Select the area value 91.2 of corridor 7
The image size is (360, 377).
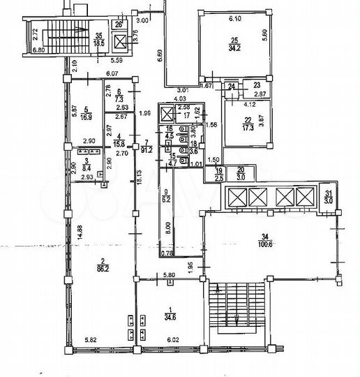tap(148, 148)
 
